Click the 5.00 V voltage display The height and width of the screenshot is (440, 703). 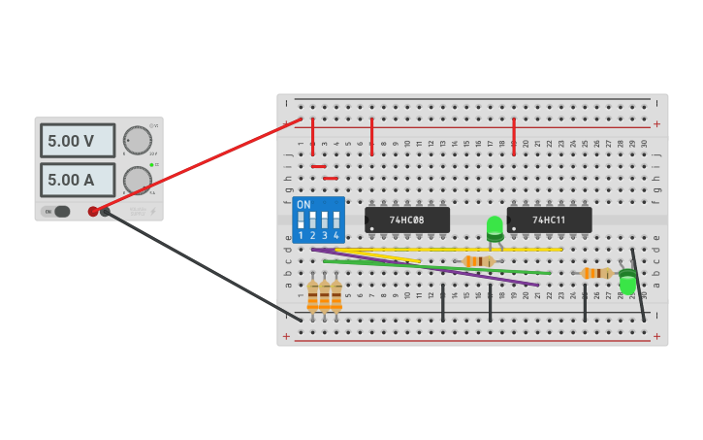click(77, 141)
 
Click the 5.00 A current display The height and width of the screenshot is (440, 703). click(77, 180)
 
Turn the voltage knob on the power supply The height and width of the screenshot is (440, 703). click(137, 141)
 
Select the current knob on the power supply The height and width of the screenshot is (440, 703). click(137, 181)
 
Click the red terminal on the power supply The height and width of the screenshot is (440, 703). click(93, 211)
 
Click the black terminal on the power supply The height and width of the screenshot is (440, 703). click(105, 211)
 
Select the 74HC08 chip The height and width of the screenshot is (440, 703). click(407, 220)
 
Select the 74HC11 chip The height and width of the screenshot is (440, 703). click(549, 220)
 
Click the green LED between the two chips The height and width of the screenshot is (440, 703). click(495, 227)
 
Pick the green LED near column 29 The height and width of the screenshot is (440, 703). click(627, 283)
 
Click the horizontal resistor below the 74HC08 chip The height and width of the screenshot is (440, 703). click(477, 261)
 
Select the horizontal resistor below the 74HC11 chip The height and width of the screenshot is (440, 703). click(596, 273)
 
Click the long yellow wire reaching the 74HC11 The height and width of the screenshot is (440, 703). click(485, 250)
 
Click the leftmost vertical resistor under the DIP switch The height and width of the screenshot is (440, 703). click(312, 296)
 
